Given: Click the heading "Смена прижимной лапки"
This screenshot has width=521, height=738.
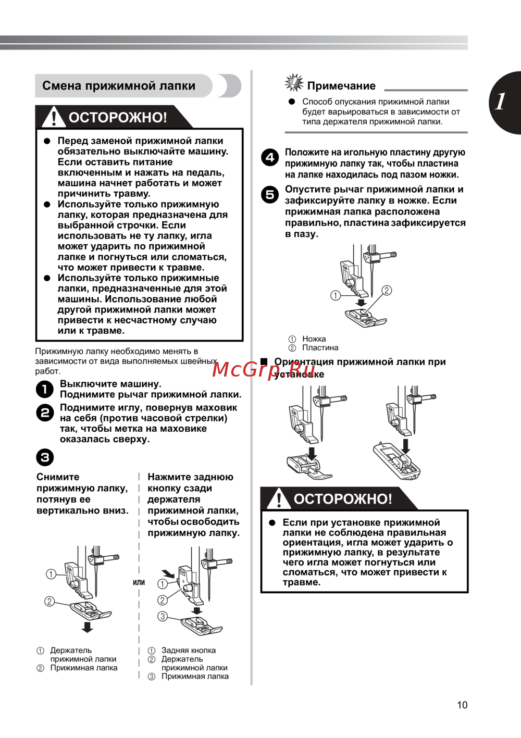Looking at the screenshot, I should coord(119,86).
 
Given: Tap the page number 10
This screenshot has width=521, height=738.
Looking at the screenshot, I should coord(462,705).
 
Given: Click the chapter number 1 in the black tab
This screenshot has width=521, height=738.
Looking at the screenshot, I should coord(500,102).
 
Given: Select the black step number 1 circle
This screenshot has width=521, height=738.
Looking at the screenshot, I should coord(45,389).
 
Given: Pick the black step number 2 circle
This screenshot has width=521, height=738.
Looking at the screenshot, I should coord(45,413).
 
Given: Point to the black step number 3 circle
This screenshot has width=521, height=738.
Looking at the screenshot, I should coord(45,457).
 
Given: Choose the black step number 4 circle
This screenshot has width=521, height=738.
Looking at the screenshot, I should coord(270,157).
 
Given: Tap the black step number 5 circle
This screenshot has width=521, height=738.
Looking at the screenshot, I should coord(270,195).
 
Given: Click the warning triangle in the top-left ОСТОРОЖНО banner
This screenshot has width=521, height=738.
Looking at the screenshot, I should coord(53,117).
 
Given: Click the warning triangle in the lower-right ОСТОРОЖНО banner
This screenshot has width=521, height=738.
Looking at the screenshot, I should coord(279,498).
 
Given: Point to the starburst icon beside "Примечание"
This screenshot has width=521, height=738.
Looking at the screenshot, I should coord(294,83).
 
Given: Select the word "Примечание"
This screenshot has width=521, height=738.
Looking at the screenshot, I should coord(341,86).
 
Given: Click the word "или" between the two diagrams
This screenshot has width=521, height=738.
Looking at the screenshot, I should coord(139,582).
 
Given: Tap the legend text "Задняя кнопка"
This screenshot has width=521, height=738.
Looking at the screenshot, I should coord(188,650).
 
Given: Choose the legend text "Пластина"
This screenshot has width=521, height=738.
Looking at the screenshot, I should coord(320,347).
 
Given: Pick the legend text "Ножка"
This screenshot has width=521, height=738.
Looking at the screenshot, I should coord(314,339).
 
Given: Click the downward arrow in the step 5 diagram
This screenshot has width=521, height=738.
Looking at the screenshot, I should coord(361,303).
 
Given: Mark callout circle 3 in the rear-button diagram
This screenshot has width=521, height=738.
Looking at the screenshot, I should coord(163,616).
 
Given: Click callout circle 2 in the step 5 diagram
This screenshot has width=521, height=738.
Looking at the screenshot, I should coord(387,290).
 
